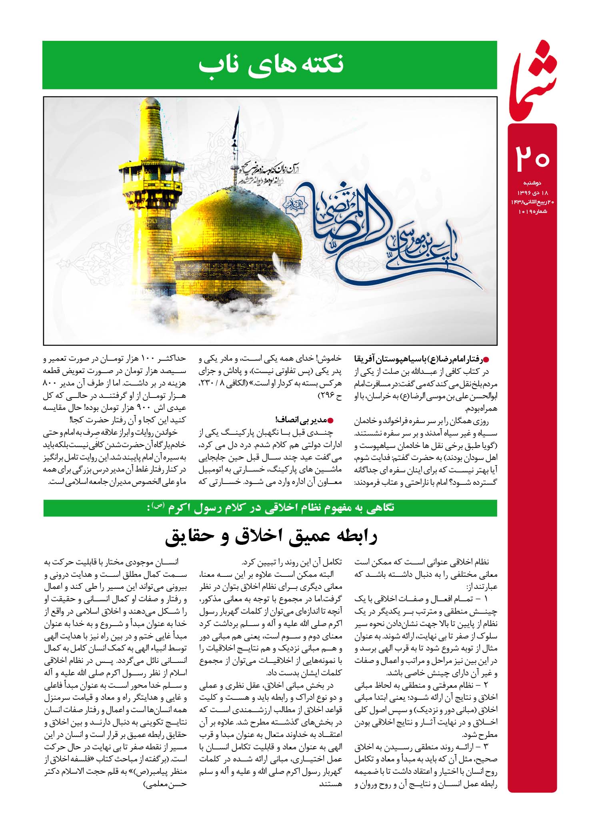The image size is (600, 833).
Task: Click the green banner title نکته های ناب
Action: (x=271, y=65)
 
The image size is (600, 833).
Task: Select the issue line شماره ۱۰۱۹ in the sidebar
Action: (x=532, y=211)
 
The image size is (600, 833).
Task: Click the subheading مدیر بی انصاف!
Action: (x=301, y=420)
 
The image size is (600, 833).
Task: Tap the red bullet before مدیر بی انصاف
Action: (x=330, y=420)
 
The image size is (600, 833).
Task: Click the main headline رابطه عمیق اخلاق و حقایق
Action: (x=271, y=537)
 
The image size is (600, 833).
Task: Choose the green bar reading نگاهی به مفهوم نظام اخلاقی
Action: (x=271, y=508)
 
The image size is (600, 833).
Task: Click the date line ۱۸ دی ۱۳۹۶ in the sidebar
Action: (x=532, y=193)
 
